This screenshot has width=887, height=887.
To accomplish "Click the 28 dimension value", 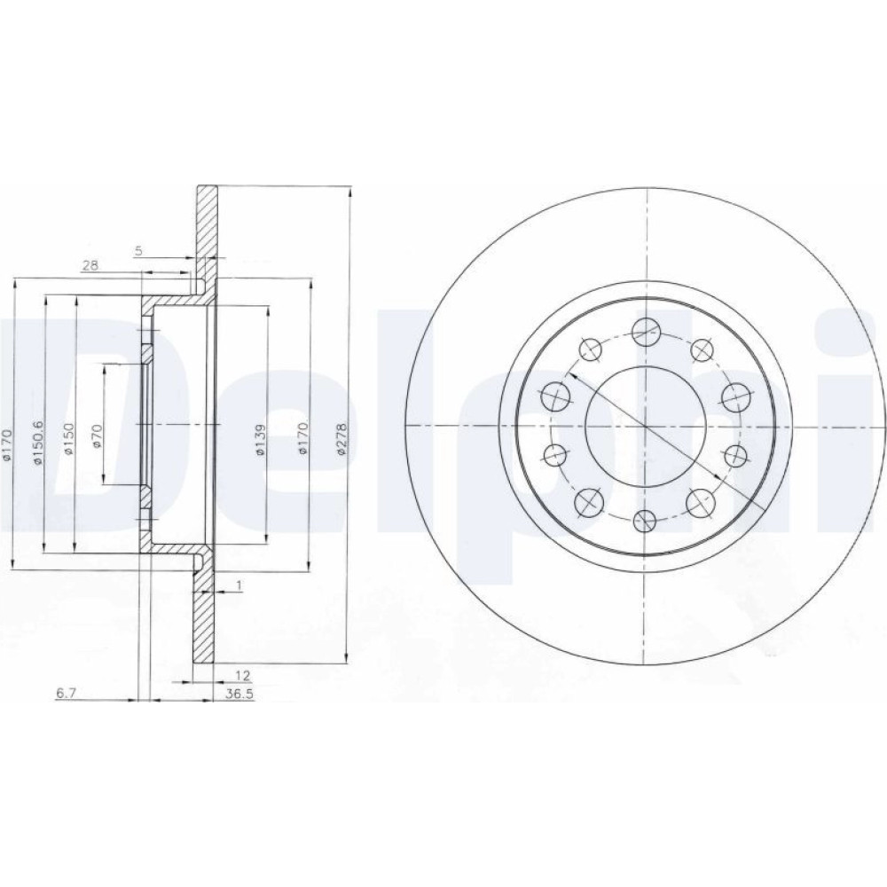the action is (90, 264).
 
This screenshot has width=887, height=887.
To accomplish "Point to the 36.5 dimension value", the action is (238, 695).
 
